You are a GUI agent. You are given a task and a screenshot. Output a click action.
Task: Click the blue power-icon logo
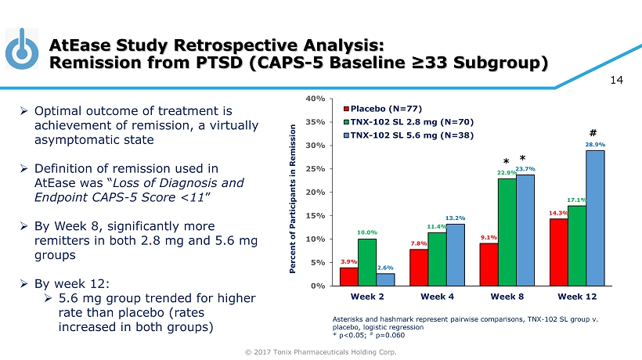[23, 49]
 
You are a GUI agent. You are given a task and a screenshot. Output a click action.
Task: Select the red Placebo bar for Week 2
[349, 276]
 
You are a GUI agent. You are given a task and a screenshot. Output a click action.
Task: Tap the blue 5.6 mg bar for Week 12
[595, 218]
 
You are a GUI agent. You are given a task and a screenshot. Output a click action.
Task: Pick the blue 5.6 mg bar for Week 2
[385, 279]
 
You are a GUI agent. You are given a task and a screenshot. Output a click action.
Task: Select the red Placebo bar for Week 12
[559, 252]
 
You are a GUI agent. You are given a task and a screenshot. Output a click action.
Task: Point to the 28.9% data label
[595, 145]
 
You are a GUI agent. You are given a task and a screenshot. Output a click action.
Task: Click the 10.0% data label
[367, 232]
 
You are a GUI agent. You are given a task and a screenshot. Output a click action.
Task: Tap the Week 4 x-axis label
[436, 297]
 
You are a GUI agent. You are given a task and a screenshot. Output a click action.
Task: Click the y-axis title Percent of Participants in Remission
[301, 192]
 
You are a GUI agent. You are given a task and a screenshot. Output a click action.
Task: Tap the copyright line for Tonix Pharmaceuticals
[321, 351]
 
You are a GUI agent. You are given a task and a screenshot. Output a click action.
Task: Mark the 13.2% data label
[454, 218]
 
